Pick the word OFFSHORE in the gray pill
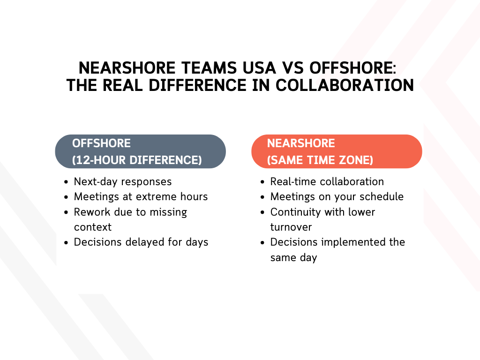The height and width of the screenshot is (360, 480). pos(101,143)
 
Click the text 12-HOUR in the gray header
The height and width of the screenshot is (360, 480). pos(99,160)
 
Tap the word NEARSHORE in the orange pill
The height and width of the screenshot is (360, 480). pos(301,143)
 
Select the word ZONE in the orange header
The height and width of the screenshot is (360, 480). pos(354,160)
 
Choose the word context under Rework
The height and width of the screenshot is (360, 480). pos(93,227)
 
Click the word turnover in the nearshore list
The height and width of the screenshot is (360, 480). pos(291,227)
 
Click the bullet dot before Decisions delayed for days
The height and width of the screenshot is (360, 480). pos(67,243)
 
